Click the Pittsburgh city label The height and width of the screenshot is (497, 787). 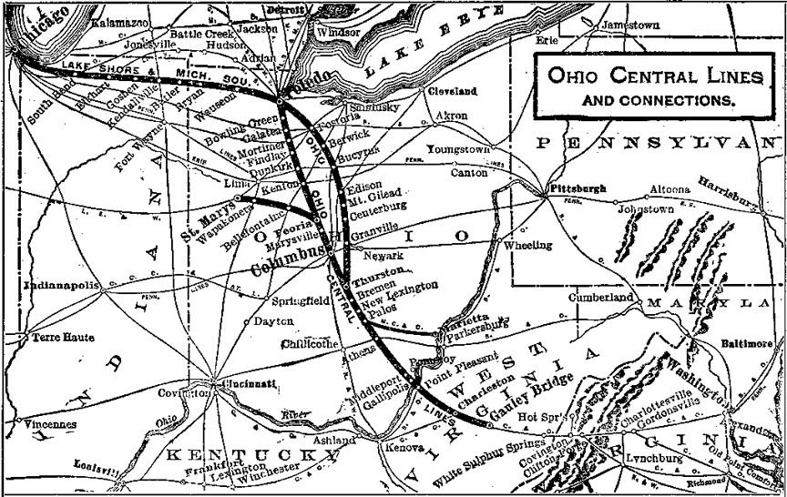(x=570, y=187)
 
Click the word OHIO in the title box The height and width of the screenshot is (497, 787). (x=570, y=76)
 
